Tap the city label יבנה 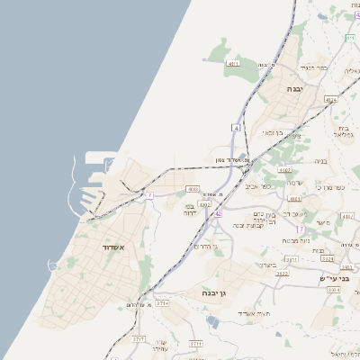tap(296, 90)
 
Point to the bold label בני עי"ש tap(334, 279)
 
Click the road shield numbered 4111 tap(233, 65)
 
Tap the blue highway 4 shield tap(236, 127)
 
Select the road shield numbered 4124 tap(331, 99)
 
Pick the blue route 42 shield tap(217, 214)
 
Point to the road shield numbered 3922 tap(283, 273)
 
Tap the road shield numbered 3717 tap(139, 338)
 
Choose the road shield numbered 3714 tap(162, 304)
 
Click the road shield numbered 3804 tap(334, 291)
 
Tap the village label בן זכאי tap(272, 133)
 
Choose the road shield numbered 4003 tap(191, 189)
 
